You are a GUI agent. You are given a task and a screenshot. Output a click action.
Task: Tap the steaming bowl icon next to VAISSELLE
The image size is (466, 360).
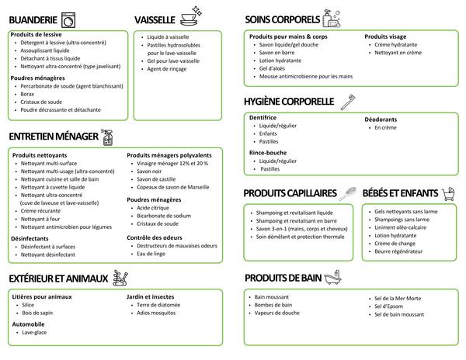(190, 16)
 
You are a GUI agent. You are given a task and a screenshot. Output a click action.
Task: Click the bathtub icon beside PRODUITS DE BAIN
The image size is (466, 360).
(332, 277)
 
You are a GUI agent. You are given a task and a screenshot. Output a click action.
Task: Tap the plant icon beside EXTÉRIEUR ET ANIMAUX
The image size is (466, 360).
(120, 276)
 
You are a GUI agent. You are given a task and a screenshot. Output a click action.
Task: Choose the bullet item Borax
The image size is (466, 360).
(28, 94)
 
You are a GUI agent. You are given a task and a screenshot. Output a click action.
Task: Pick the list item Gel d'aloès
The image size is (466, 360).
(272, 68)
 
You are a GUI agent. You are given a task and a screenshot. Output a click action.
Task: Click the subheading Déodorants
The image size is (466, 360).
(381, 119)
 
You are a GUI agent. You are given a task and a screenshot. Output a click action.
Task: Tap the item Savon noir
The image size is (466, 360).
(151, 171)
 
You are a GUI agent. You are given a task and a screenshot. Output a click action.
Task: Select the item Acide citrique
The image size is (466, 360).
(154, 208)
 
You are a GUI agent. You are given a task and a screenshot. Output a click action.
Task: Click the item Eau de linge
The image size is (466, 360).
(151, 253)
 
